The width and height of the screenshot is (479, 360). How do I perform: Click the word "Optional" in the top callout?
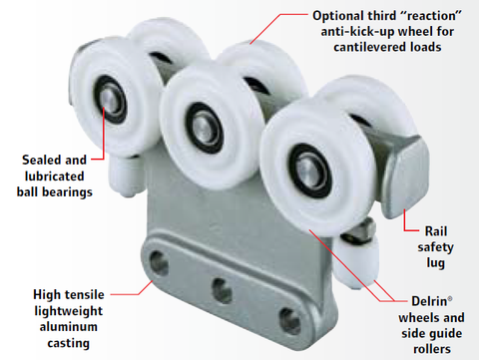coord(334,16)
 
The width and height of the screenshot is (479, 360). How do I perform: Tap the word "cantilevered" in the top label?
coord(369,47)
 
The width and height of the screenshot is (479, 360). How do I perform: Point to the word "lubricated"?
coord(54,177)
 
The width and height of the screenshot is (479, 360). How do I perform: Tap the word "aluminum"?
coord(69,327)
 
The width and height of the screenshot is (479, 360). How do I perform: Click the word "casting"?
coord(69,343)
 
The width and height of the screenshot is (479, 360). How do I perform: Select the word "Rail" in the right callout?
coord(436,231)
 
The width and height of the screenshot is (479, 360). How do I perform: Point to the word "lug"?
coord(436,263)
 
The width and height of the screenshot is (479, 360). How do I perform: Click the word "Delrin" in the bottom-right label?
coord(429,301)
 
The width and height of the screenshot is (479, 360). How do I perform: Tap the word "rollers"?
coord(432,349)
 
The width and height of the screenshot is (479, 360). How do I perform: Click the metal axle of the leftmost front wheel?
coord(110,100)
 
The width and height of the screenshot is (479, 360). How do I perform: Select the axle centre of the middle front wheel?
coord(204,128)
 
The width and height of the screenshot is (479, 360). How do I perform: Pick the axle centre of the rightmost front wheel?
coord(309,171)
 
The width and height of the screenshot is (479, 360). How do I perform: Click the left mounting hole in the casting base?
coord(159,263)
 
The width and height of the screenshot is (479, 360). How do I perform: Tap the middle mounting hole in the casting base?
coord(222,291)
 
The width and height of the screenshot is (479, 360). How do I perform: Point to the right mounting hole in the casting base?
coord(289,321)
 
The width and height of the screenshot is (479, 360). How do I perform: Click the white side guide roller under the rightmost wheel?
coord(356,262)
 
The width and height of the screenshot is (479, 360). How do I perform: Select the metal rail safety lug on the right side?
coord(406,178)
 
